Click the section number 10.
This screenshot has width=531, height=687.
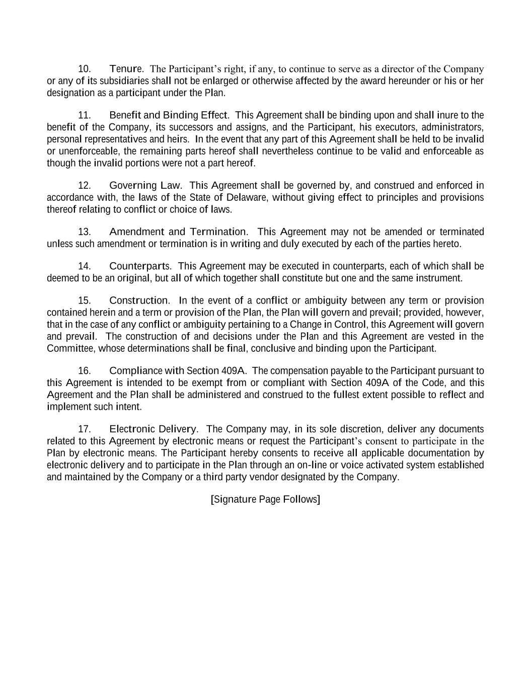[84, 69]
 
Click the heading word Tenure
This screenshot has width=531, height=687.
[126, 68]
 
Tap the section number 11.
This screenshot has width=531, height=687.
[84, 115]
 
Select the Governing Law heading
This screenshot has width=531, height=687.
[145, 186]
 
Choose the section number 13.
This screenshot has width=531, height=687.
[84, 232]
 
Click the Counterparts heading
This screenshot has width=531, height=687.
[139, 266]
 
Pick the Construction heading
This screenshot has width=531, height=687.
[139, 301]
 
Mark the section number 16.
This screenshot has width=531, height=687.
[84, 371]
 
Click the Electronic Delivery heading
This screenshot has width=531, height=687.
[153, 429]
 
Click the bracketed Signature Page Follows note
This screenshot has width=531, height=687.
[265, 499]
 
